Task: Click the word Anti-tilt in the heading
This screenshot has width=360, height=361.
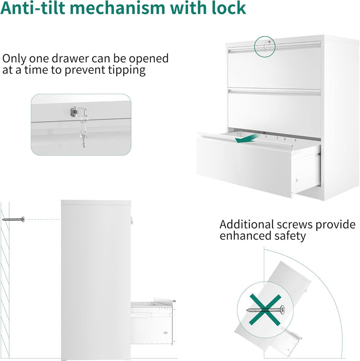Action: (35, 8)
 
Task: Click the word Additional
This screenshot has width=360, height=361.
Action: (247, 224)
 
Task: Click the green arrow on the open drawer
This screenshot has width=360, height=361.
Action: (247, 139)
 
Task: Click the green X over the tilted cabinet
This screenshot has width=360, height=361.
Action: (265, 310)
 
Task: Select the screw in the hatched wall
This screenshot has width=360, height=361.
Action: (13, 219)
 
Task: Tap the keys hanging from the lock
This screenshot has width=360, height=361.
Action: (83, 132)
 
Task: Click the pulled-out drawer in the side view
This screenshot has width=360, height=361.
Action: (153, 322)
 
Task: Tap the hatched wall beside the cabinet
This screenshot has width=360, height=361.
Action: (5, 281)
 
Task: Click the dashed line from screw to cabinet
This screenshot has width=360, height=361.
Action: (43, 219)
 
